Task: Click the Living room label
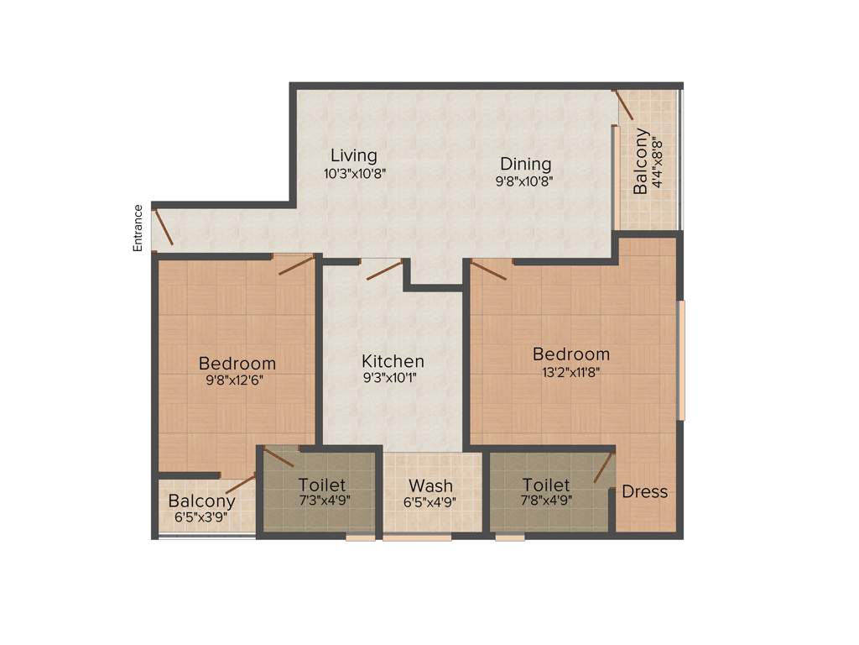coord(353,155)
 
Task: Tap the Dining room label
coord(525,163)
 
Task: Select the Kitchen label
coord(393,361)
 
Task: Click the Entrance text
coord(138,228)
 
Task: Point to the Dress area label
coord(644,491)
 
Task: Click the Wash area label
coord(430,485)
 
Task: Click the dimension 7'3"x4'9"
coord(322,501)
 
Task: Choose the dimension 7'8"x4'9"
coord(545,501)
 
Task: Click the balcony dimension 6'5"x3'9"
coord(201,517)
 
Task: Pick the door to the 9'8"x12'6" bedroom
coord(296,265)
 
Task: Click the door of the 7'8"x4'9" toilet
coord(602,468)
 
